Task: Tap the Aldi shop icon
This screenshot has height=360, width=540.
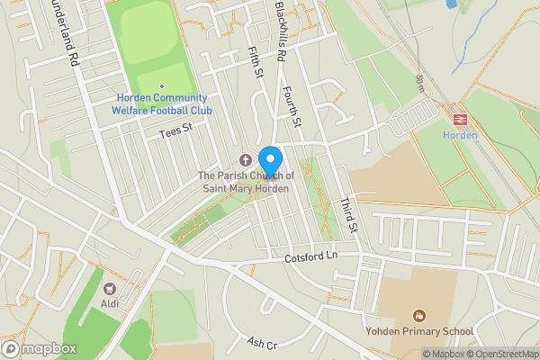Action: [111, 289]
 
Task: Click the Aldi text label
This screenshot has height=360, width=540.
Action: [111, 305]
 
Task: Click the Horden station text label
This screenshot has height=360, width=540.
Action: [456, 135]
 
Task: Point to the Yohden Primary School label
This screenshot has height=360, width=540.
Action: [418, 331]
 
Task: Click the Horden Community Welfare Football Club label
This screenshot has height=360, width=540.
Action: [161, 103]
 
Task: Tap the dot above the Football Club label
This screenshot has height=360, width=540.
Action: [161, 86]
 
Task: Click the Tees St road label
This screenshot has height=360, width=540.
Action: [175, 130]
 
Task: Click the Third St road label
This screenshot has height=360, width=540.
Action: [348, 216]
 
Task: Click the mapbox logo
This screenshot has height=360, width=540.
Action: [40, 348]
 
